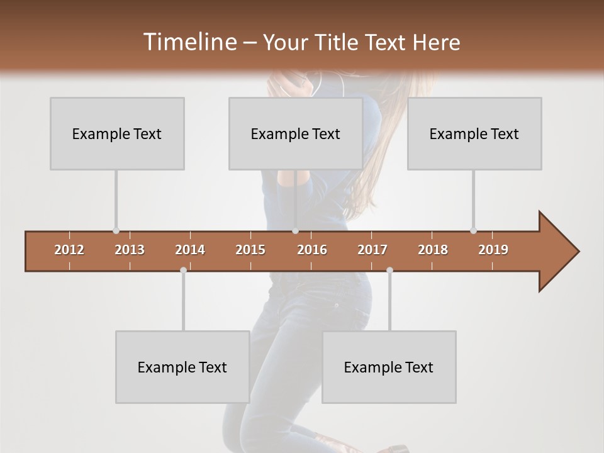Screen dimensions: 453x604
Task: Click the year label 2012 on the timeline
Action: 69,250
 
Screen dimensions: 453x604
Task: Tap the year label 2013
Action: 130,250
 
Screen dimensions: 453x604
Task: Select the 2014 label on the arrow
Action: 190,250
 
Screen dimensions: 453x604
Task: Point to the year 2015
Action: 250,250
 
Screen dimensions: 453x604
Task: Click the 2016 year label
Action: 312,250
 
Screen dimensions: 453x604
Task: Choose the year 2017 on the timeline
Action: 372,250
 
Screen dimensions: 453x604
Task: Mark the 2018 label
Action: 433,250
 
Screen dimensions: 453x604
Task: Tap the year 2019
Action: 493,250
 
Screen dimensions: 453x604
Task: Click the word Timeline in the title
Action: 189,42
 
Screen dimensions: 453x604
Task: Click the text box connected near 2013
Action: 117,133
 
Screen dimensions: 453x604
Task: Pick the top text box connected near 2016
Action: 296,133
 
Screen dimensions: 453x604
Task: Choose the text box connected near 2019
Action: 474,133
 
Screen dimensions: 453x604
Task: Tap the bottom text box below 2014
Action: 182,367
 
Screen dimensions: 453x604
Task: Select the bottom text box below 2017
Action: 389,367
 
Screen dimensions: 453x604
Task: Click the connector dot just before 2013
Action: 116,231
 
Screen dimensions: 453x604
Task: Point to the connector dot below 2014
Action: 183,271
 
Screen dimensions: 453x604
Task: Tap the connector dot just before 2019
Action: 473,231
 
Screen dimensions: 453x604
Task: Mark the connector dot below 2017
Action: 389,271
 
